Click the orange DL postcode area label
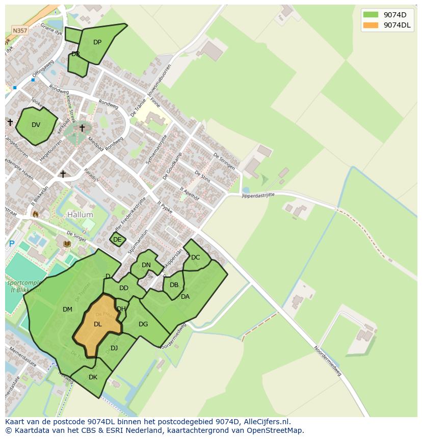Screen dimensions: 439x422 click(98, 324)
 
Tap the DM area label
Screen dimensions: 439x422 click(67, 309)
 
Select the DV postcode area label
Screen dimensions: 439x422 click(36, 125)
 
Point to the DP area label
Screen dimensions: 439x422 click(97, 42)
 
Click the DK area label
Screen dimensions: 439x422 click(93, 377)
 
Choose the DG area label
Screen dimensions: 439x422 click(143, 324)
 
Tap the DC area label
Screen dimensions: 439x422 click(196, 257)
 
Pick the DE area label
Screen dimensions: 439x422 click(117, 240)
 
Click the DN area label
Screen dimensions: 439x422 click(146, 265)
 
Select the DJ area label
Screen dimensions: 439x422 click(114, 348)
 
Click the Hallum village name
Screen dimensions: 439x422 click(80, 215)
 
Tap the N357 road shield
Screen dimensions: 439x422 click(20, 31)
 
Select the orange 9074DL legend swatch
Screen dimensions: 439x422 click(371, 25)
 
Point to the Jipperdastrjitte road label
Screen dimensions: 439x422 click(258, 194)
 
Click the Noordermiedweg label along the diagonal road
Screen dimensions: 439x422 click(326, 361)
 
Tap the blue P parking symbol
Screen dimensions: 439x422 click(11, 244)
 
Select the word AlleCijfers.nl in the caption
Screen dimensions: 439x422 click(265, 422)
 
